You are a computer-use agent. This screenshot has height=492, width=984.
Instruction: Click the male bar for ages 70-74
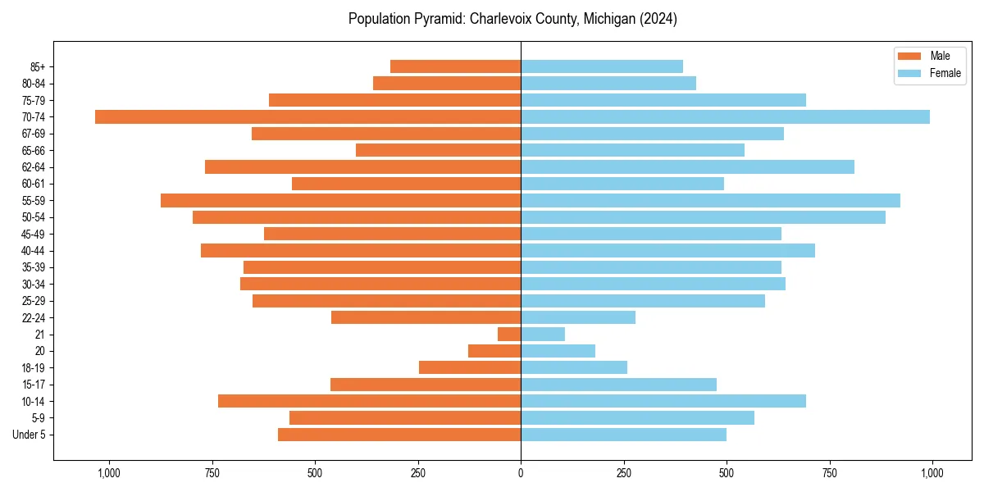[x=307, y=116]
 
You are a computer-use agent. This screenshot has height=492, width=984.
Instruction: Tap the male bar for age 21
[x=509, y=335]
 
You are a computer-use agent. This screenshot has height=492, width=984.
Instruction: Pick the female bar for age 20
[x=558, y=351]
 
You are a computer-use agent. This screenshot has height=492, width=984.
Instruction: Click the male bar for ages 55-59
[x=340, y=200]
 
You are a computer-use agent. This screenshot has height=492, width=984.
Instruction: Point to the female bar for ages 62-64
[x=687, y=167]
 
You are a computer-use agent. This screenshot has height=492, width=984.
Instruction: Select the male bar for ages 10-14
[x=369, y=401]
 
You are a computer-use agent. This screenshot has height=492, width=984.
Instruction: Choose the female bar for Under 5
[x=623, y=435]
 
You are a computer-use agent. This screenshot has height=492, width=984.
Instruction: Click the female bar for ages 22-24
[x=578, y=317]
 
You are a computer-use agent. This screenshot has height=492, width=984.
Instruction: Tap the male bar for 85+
[x=455, y=66]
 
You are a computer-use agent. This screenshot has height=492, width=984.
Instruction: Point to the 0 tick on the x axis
[x=521, y=472]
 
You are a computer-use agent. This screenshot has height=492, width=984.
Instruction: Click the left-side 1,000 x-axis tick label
[x=109, y=472]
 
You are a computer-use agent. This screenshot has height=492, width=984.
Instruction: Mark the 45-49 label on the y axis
[x=34, y=234]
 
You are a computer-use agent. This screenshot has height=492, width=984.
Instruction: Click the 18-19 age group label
[x=34, y=368]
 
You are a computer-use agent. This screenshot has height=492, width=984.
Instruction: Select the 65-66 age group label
[x=34, y=150]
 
